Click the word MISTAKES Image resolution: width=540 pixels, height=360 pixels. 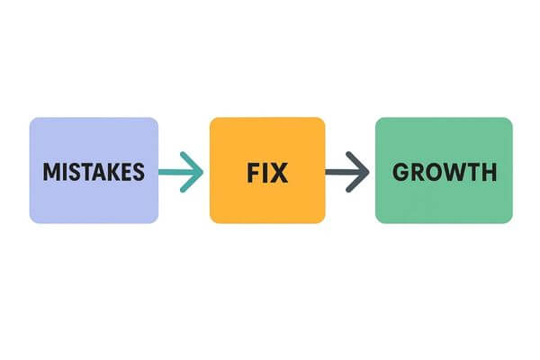pyautogui.click(x=93, y=171)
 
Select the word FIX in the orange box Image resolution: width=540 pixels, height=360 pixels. pyautogui.click(x=266, y=171)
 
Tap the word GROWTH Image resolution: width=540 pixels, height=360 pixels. pyautogui.click(x=444, y=171)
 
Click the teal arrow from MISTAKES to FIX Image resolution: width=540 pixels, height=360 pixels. pyautogui.click(x=181, y=171)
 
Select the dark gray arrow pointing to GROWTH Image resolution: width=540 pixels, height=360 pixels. pyautogui.click(x=347, y=170)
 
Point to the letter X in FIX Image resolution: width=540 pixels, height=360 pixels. pyautogui.click(x=279, y=171)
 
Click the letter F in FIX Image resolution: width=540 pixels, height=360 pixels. pyautogui.click(x=253, y=171)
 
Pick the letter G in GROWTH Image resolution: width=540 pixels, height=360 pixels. pyautogui.click(x=400, y=171)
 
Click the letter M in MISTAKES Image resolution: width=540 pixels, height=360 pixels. pyautogui.click(x=50, y=171)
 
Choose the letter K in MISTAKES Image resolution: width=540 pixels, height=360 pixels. pyautogui.click(x=111, y=171)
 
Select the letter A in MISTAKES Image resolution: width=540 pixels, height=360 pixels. pyautogui.click(x=97, y=171)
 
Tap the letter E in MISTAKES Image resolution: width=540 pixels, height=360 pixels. pyautogui.click(x=124, y=171)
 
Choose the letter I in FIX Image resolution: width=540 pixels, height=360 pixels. pyautogui.click(x=265, y=171)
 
